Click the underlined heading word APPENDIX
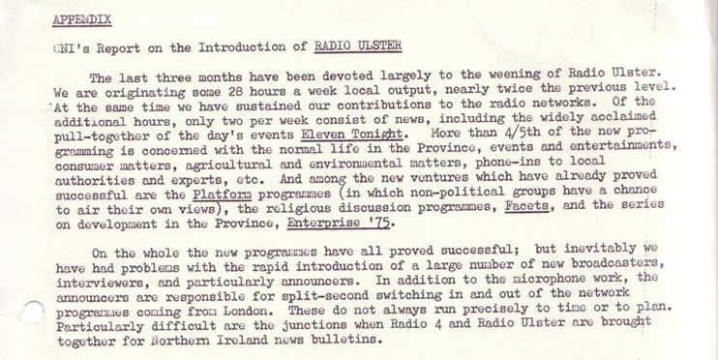click(x=81, y=19)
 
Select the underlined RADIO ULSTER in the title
click(x=358, y=46)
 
